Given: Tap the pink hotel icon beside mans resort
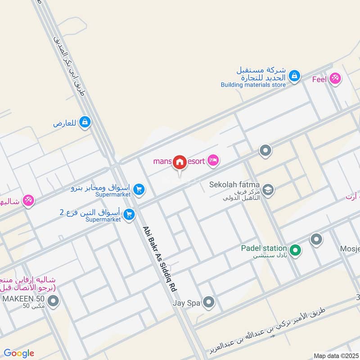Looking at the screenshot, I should (x=213, y=160).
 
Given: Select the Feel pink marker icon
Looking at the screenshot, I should (x=334, y=79).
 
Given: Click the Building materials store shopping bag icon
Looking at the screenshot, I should (x=294, y=76).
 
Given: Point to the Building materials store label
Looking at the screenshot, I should (x=253, y=84).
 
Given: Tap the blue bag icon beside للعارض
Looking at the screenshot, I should (x=85, y=121).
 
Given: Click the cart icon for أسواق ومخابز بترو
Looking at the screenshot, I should (x=139, y=190).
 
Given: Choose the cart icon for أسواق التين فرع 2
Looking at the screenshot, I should (x=130, y=215).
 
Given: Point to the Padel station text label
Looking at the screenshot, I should (x=264, y=248).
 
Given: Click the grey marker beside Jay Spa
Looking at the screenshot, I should (x=208, y=303).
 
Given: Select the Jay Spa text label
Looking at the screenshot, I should (x=186, y=303).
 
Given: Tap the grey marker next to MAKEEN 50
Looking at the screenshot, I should (x=54, y=301).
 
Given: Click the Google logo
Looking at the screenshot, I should (x=19, y=353).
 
